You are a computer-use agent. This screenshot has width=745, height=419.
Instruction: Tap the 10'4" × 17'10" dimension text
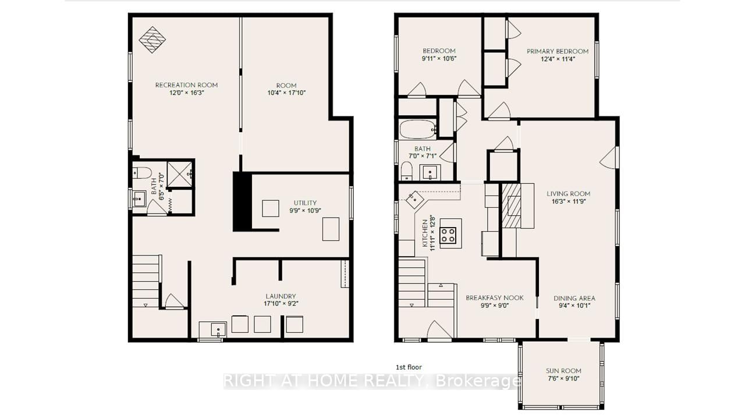click(x=286, y=93)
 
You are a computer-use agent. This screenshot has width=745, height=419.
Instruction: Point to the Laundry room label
click(x=281, y=296)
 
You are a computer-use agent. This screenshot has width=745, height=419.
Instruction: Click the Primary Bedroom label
click(x=558, y=51)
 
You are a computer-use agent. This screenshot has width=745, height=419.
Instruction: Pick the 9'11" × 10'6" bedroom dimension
click(x=439, y=59)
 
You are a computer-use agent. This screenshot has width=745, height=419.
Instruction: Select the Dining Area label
click(x=574, y=299)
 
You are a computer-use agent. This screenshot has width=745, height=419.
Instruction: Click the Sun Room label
click(x=563, y=371)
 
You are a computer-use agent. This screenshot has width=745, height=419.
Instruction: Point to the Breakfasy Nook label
click(x=495, y=298)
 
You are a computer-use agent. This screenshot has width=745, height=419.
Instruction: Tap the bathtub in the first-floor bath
click(x=417, y=129)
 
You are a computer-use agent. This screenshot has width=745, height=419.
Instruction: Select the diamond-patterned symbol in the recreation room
click(x=152, y=39)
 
